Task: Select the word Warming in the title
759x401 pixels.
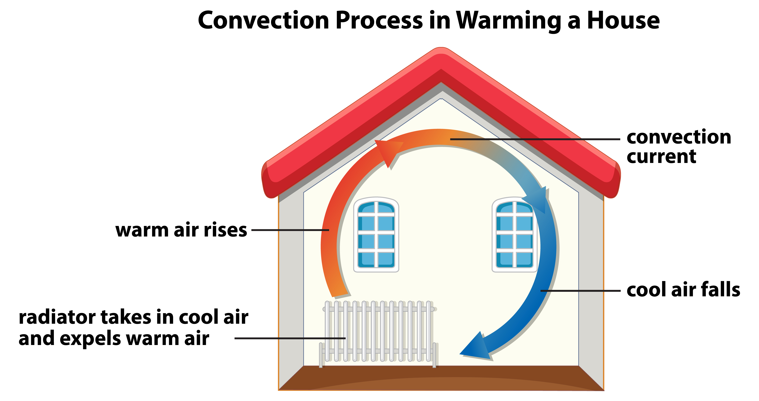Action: pyautogui.click(x=508, y=21)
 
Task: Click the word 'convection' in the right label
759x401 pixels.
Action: pyautogui.click(x=679, y=137)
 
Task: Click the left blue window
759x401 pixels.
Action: pyautogui.click(x=376, y=234)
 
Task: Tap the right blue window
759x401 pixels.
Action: pyautogui.click(x=514, y=234)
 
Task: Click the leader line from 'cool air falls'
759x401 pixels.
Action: pyautogui.click(x=580, y=291)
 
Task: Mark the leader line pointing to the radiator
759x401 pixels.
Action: pyautogui.click(x=290, y=338)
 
